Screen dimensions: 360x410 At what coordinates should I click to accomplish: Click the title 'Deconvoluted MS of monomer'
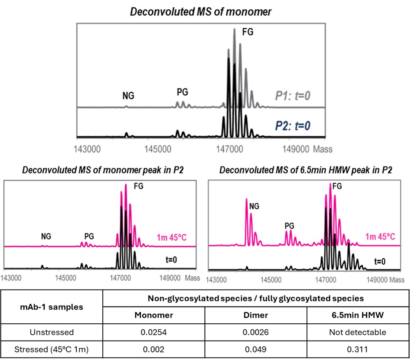(201, 11)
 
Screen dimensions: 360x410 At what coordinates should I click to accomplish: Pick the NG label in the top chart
(128, 96)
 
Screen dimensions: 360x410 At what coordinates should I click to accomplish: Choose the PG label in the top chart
(182, 91)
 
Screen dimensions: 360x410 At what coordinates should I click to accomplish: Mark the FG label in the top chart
(248, 31)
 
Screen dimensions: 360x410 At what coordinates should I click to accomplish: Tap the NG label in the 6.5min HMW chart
(254, 206)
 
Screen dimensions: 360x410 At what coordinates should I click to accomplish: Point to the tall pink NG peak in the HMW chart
(246, 202)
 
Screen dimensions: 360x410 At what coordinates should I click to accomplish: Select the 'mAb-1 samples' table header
(53, 307)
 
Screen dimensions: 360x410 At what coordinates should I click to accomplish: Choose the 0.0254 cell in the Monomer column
(154, 332)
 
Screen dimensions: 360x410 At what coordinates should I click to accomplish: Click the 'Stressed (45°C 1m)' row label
(53, 350)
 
